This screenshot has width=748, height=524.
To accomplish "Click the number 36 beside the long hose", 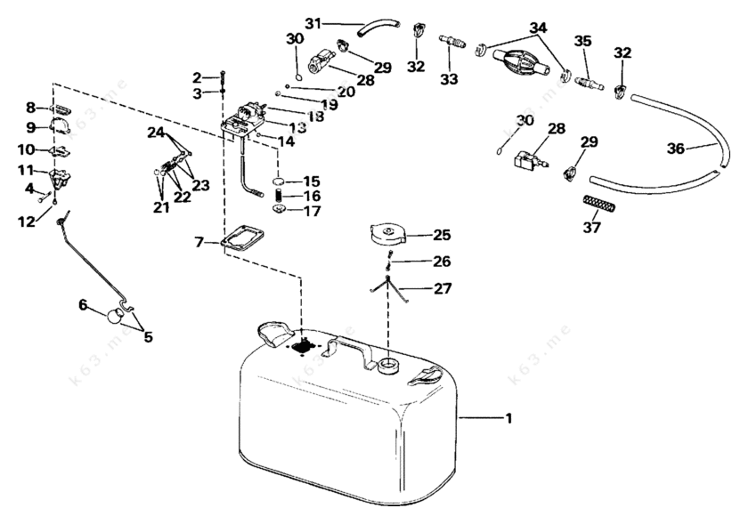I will pyautogui.click(x=676, y=149).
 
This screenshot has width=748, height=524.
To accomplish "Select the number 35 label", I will pyautogui.click(x=582, y=41).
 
